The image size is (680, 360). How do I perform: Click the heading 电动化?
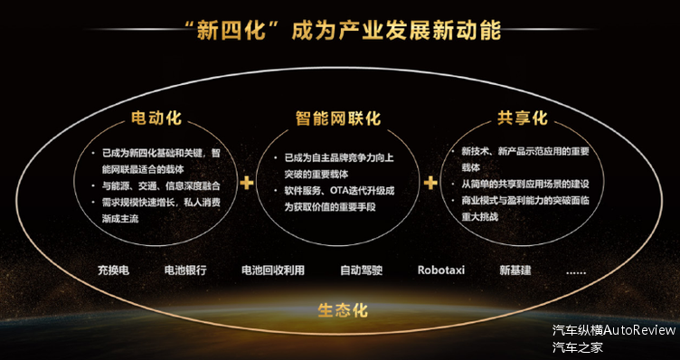(x=157, y=119)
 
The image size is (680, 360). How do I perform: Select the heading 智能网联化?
(x=338, y=119)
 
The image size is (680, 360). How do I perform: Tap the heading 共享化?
(x=523, y=119)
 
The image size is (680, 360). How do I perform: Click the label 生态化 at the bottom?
(x=343, y=310)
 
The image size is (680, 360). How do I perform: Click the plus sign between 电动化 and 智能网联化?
(x=246, y=183)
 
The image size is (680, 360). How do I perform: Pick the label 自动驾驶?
(x=362, y=270)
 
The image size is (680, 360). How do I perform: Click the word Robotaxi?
(x=441, y=270)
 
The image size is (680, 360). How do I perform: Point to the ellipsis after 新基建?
(x=575, y=270)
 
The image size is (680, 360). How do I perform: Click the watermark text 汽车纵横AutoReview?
(x=614, y=330)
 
